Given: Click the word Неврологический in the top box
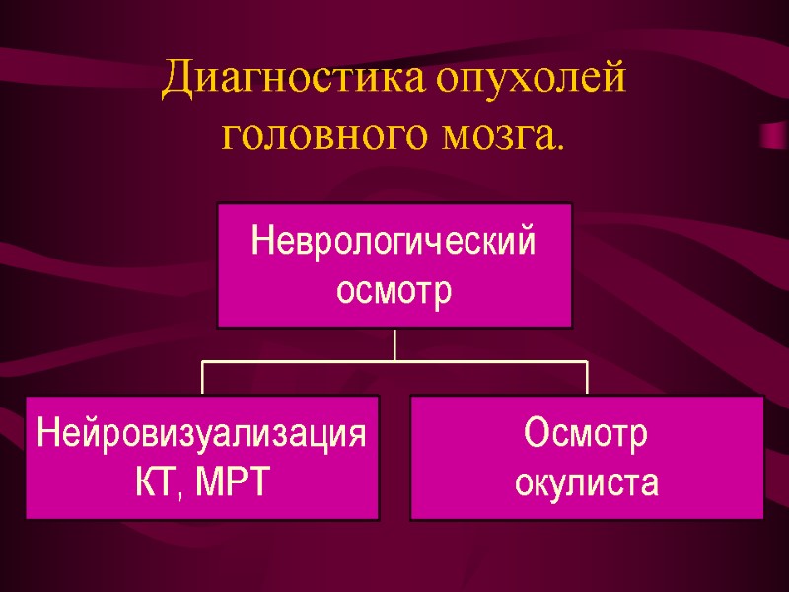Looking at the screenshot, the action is (394, 241).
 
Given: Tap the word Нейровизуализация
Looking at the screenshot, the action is (202, 433).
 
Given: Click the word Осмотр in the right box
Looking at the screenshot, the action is (586, 433).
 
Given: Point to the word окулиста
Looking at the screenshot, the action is (587, 482).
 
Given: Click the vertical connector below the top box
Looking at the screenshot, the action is (394, 344).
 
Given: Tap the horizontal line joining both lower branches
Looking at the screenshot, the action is (394, 362).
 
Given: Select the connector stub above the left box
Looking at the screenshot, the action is (202, 379).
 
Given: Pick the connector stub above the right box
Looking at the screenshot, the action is (587, 379).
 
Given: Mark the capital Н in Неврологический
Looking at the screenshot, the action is (261, 241).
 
